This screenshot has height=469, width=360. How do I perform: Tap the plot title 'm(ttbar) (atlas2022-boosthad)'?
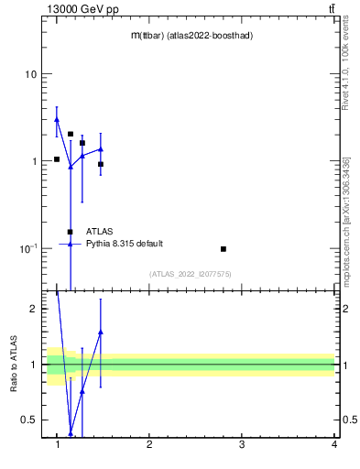coord(191,36)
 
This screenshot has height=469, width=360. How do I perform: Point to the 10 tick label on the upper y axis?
coord(31,74)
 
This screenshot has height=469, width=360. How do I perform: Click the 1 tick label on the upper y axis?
coord(34,161)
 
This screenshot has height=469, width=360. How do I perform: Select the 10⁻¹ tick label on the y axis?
coord(28,249)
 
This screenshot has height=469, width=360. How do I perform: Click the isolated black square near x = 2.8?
coord(224,249)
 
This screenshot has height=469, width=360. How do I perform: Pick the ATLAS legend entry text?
coord(100,232)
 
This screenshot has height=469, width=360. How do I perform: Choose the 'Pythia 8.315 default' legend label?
coord(125,244)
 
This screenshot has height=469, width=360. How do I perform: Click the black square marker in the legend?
coord(71,232)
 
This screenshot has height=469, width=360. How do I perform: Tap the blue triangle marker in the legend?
coord(71,244)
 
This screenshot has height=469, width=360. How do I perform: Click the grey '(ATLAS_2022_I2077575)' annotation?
coord(191,273)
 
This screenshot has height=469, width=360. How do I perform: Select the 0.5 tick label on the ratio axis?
coord(30,420)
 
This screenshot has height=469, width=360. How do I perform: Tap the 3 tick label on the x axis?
coord(242,445)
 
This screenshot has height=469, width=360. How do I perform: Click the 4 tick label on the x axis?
coord(334,445)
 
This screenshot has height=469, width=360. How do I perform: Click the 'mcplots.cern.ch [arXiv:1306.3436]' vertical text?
coord(345,220)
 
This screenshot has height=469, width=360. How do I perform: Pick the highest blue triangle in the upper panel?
coord(57,119)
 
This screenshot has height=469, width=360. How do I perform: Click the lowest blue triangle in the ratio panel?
coord(71,434)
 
